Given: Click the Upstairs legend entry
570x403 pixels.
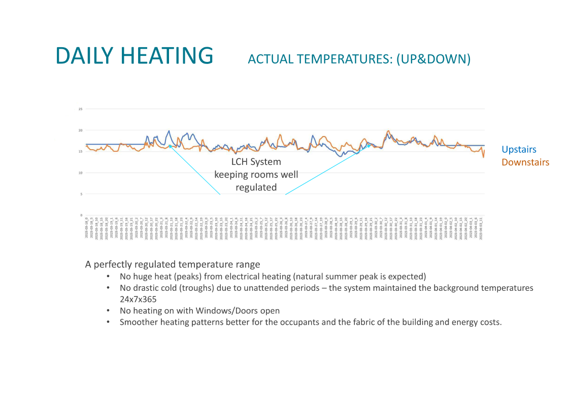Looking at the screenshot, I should click(x=519, y=149).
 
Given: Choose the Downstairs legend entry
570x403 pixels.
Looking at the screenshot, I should click(x=525, y=162).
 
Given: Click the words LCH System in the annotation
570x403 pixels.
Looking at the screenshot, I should click(x=256, y=162).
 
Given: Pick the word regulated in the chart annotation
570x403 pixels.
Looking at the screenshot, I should click(x=256, y=187).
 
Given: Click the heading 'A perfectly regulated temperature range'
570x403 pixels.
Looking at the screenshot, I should click(x=173, y=264).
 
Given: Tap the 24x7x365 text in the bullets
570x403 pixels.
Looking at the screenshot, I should click(x=138, y=299).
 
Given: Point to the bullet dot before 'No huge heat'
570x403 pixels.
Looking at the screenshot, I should click(x=108, y=277).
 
